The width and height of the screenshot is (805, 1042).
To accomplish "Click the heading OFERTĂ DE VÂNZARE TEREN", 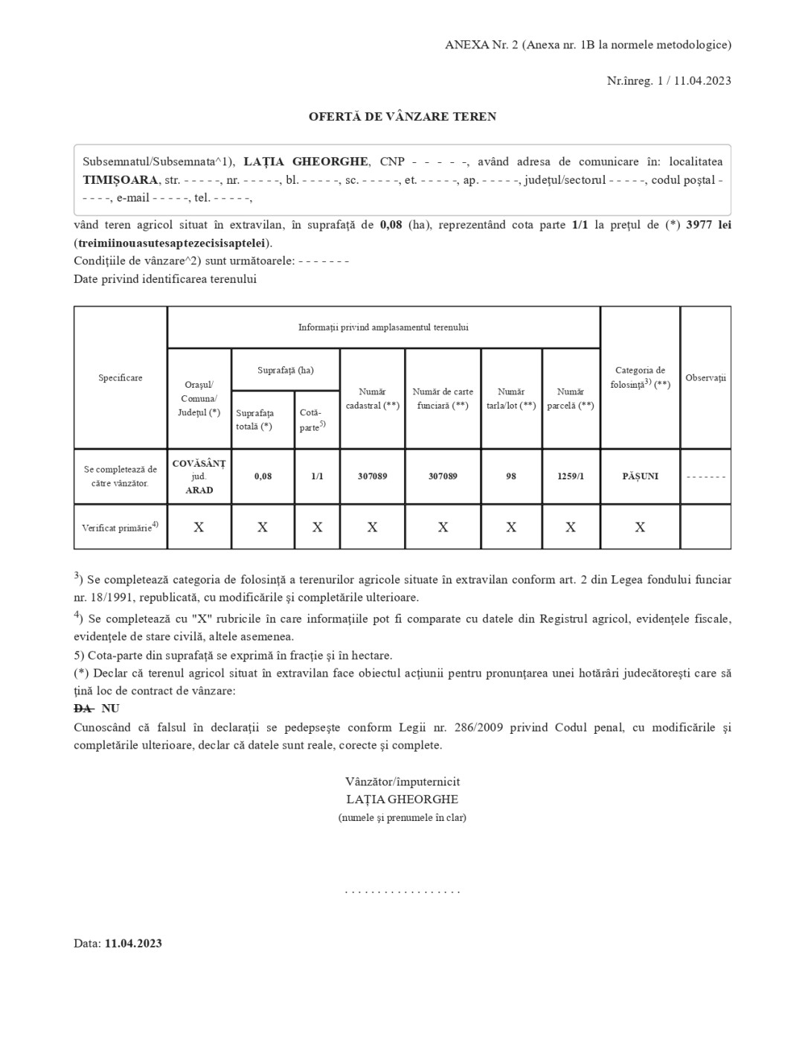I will (x=402, y=117).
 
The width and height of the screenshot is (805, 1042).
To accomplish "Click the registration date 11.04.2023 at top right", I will (x=702, y=81).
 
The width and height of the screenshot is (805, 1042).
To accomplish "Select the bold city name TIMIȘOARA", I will (x=121, y=180).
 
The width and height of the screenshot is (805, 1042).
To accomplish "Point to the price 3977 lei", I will (x=708, y=225).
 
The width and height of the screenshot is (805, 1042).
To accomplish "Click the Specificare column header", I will (x=121, y=378).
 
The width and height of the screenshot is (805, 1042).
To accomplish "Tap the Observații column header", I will (x=705, y=378).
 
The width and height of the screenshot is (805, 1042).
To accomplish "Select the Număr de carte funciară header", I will (x=443, y=399).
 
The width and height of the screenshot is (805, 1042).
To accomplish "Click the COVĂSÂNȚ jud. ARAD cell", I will (x=199, y=476).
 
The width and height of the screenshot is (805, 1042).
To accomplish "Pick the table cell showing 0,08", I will (x=263, y=476).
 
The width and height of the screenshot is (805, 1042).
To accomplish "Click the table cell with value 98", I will (x=511, y=476).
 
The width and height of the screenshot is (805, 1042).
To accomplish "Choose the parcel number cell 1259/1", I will (x=571, y=476).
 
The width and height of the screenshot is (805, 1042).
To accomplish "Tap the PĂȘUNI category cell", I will (x=640, y=476).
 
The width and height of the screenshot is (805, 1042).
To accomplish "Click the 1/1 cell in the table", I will (x=317, y=476).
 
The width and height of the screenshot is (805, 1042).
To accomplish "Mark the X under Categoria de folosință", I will (x=640, y=528).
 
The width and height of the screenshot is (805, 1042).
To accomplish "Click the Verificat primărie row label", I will (x=120, y=528).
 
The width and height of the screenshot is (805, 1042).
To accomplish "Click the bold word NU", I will (x=110, y=709).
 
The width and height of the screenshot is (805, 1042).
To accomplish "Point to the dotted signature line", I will (x=402, y=891).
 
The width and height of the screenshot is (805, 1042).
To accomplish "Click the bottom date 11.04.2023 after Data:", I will (x=133, y=944).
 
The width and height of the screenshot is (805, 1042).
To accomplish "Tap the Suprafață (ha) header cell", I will (x=286, y=370).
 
